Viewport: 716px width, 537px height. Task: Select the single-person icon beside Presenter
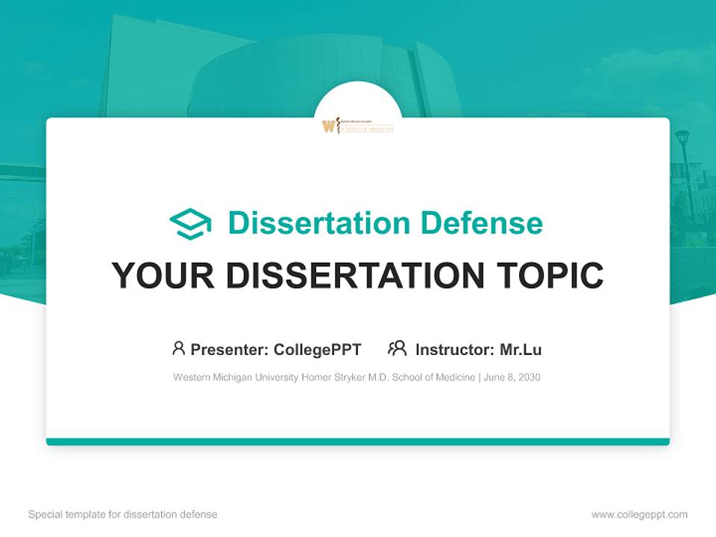(178, 348)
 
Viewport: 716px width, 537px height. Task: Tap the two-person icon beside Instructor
(397, 348)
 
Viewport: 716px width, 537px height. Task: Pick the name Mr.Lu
(521, 349)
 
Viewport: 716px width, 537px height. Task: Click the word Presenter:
(230, 349)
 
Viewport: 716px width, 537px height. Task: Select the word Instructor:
(454, 349)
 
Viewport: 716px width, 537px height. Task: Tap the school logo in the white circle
(358, 125)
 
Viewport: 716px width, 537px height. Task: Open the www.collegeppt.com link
(639, 515)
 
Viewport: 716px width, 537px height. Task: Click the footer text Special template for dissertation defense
(122, 515)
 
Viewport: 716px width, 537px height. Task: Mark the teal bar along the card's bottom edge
(358, 442)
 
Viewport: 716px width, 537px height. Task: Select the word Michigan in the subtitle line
(233, 377)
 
